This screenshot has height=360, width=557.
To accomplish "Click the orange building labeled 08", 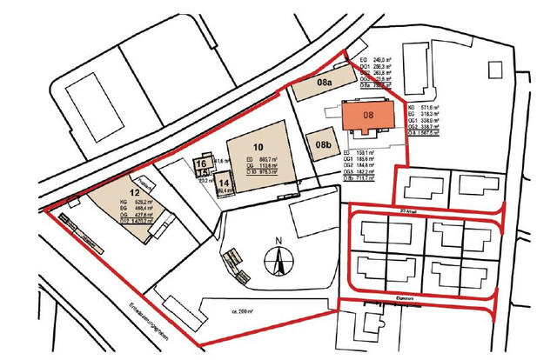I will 367,115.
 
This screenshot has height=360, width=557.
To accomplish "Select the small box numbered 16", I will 200,163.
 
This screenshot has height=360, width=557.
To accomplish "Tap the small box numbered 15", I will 200,173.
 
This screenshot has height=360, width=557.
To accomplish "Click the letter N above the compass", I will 278,241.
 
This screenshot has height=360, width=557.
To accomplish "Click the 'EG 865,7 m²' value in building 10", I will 262,159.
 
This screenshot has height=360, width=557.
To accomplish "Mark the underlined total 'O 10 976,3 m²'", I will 262,172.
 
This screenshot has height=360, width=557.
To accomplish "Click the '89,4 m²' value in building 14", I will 224,190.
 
